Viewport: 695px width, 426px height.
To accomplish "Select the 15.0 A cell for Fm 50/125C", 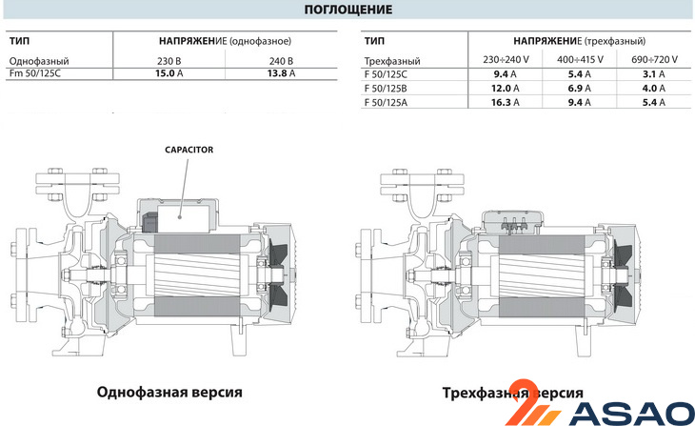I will pos(169,72).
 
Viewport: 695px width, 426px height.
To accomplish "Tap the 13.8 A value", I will pos(279,72).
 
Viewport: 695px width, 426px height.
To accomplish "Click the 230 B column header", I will pos(169,60).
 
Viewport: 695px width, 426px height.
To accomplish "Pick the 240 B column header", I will pos(279,60).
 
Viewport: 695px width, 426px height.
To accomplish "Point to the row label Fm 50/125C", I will pos(35,72).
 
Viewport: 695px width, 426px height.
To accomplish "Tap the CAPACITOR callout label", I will pos(189,151).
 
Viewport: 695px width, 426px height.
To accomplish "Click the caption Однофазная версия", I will pos(169,392).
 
